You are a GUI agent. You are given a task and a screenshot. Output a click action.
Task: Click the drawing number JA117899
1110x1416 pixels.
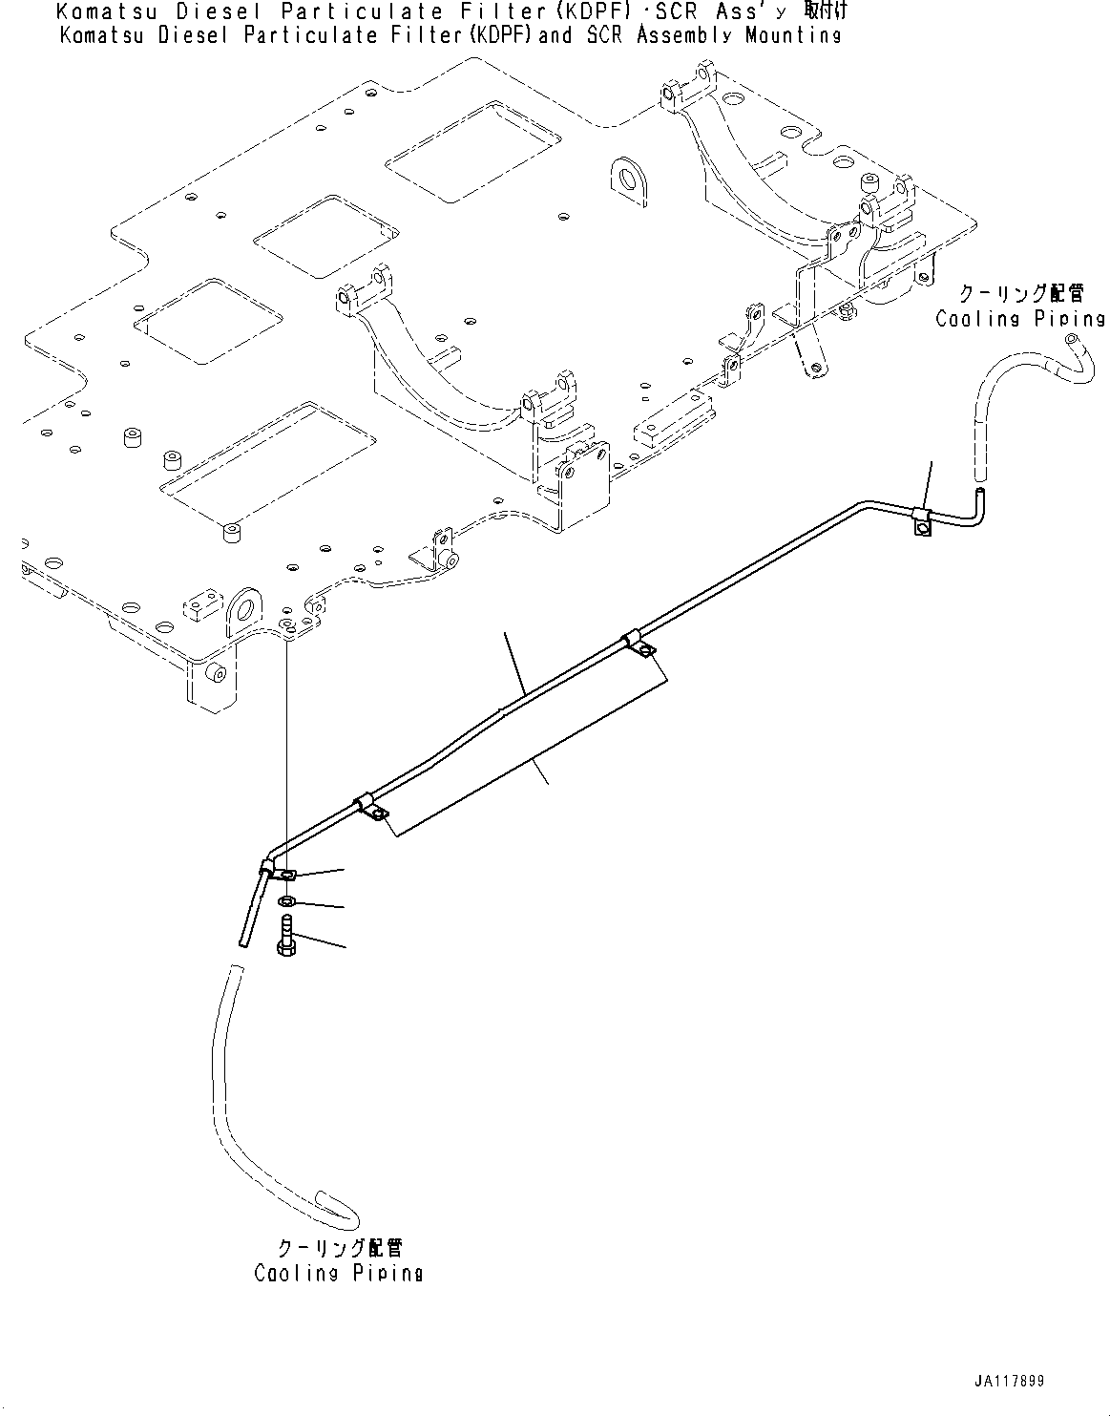point(1009,1381)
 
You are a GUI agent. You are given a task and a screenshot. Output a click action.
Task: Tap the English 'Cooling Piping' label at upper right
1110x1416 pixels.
point(1019,319)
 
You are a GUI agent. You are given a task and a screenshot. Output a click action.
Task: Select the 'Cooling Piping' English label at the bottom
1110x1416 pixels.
point(338,1273)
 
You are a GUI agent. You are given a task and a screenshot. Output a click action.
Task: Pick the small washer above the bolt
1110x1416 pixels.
point(287,902)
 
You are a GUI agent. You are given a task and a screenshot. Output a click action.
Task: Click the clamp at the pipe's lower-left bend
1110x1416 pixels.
point(283,872)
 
